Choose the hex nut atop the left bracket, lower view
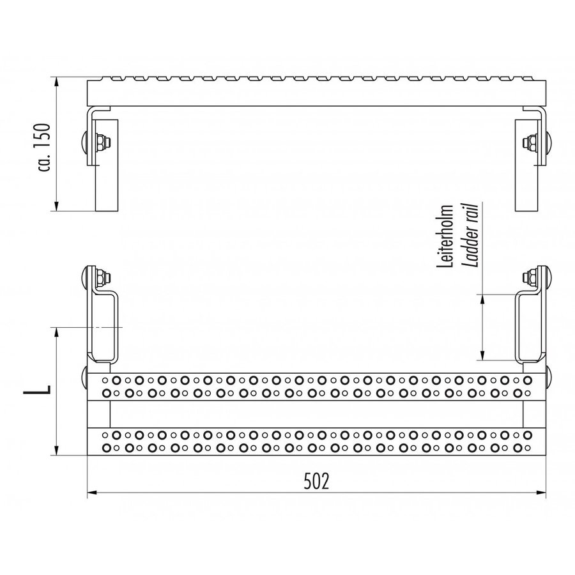coord(102,277)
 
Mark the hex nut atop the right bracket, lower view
coord(530,277)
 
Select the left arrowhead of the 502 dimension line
coord(91,493)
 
